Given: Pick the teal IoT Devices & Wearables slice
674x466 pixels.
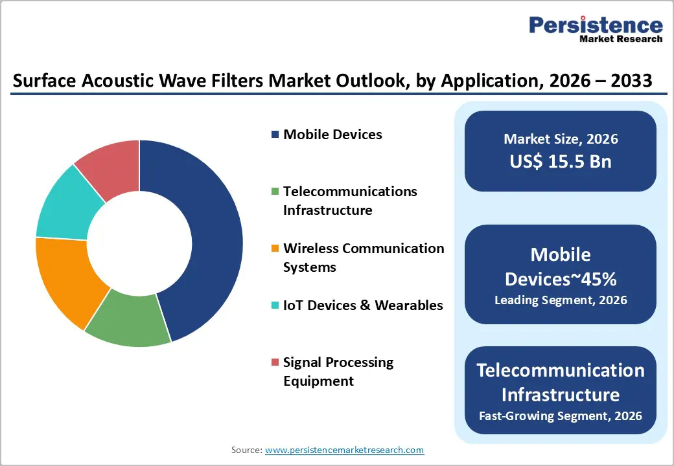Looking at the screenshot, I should (65, 204).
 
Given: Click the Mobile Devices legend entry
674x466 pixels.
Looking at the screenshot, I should (332, 135).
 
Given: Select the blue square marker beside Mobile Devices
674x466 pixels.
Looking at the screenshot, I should (275, 135).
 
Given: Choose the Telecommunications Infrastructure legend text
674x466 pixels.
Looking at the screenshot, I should (350, 201).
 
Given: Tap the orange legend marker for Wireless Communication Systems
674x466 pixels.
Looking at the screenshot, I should (275, 249).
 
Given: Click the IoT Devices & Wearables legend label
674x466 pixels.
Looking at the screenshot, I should (363, 305).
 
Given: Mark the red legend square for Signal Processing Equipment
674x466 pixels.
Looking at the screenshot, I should (275, 362).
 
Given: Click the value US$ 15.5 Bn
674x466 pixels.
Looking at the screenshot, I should (561, 161).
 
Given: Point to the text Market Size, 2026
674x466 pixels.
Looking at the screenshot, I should (561, 139).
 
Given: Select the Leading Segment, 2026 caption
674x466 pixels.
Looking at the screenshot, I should (561, 300).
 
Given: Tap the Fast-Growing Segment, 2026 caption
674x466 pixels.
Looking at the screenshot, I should (561, 416).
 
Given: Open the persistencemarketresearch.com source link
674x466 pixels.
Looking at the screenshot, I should (345, 449).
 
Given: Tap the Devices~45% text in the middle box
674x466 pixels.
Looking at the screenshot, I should (561, 279).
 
